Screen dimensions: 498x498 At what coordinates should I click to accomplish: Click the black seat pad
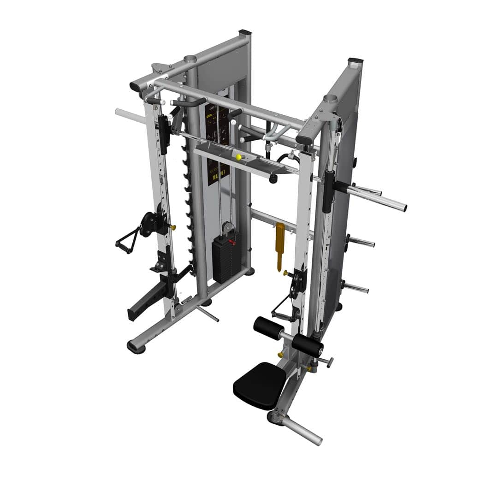coord(259,385)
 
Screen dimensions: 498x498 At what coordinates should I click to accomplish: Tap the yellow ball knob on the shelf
coord(238,157)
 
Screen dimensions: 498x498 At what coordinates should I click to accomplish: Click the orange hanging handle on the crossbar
coord(279,244)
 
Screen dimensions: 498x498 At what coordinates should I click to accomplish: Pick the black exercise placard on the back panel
coord(217,143)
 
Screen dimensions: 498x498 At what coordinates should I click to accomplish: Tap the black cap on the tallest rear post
coord(245,33)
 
